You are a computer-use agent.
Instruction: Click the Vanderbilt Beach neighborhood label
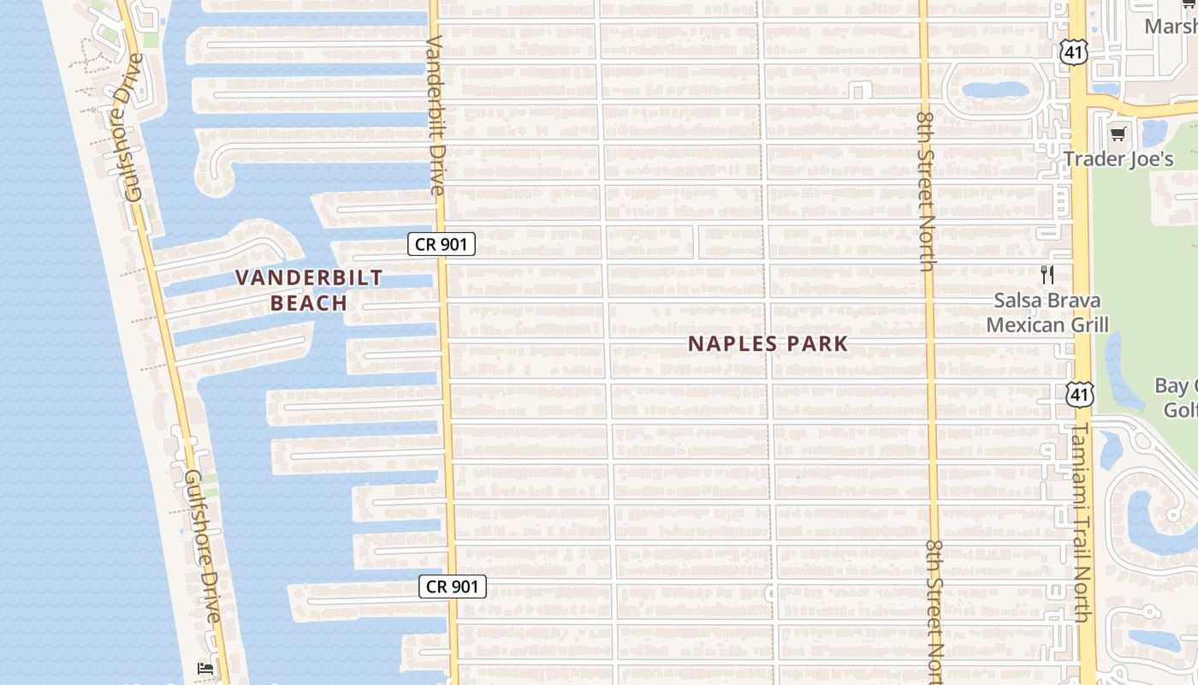pos(309,290)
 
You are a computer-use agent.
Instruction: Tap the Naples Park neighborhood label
pos(768,344)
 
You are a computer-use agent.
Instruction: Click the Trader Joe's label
pos(1118,159)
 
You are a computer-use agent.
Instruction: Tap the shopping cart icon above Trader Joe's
pos(1118,134)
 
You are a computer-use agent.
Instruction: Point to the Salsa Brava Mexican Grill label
pos(1047,313)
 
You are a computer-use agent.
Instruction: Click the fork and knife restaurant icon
pos(1047,274)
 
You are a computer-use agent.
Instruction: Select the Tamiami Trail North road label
pos(1081,522)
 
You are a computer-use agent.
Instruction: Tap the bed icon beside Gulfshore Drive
pos(205,668)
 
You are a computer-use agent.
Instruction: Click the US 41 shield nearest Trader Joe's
pos(1073,53)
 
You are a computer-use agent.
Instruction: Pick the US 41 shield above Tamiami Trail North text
pos(1079,394)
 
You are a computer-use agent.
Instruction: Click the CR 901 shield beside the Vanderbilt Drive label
pos(441,245)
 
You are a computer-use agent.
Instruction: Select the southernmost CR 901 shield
pos(453,587)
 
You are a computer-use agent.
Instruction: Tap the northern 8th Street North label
pos(925,190)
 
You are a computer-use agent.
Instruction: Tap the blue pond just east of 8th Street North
pos(995,89)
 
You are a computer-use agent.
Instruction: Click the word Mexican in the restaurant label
pos(1021,325)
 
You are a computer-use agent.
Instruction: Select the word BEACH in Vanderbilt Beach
pos(309,303)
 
